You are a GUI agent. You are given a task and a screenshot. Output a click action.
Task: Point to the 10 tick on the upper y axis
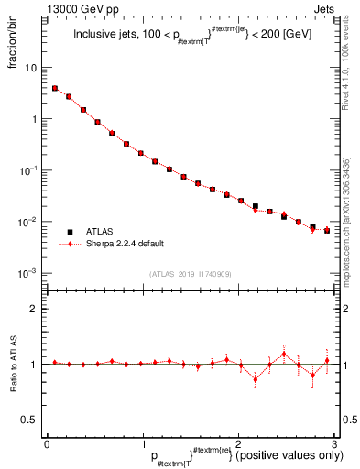pos(34,68)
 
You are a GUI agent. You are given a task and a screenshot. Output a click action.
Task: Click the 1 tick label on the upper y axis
pos(37,119)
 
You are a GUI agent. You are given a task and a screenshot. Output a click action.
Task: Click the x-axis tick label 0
pos(47,443)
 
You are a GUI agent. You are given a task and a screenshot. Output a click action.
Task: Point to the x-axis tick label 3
pos(334,443)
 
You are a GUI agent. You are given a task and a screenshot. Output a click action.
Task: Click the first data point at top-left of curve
pos(55,88)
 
